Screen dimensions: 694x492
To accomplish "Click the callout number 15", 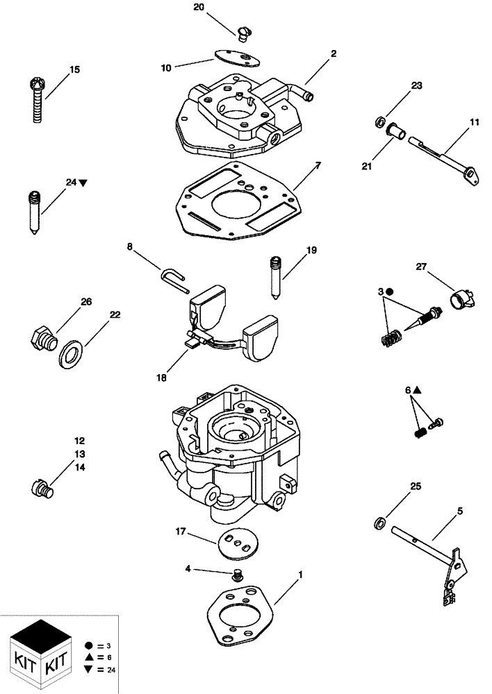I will [x=74, y=69].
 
